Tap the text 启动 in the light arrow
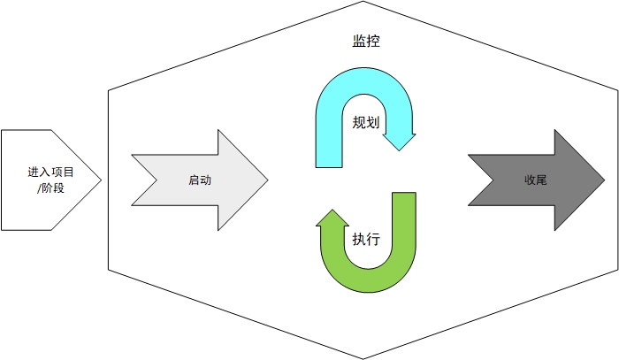[200, 180]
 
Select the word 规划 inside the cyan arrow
[366, 123]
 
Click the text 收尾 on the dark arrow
[535, 180]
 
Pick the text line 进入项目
[50, 173]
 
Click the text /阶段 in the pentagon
[50, 188]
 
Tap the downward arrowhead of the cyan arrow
[405, 142]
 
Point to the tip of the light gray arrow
[266, 180]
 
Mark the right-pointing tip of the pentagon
[101, 180]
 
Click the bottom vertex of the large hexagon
[363, 357]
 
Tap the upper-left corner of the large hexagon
[109, 89]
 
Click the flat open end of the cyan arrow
[328, 165]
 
